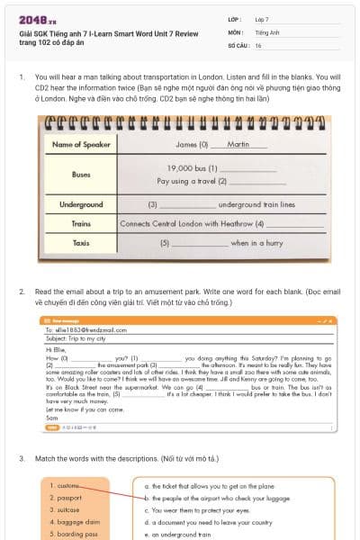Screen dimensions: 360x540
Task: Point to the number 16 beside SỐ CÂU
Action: (258, 44)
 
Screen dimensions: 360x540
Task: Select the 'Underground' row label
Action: (81, 204)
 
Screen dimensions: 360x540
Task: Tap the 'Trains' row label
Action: (81, 222)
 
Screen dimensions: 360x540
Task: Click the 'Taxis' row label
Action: (81, 243)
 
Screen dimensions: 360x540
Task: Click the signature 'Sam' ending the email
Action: (51, 418)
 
